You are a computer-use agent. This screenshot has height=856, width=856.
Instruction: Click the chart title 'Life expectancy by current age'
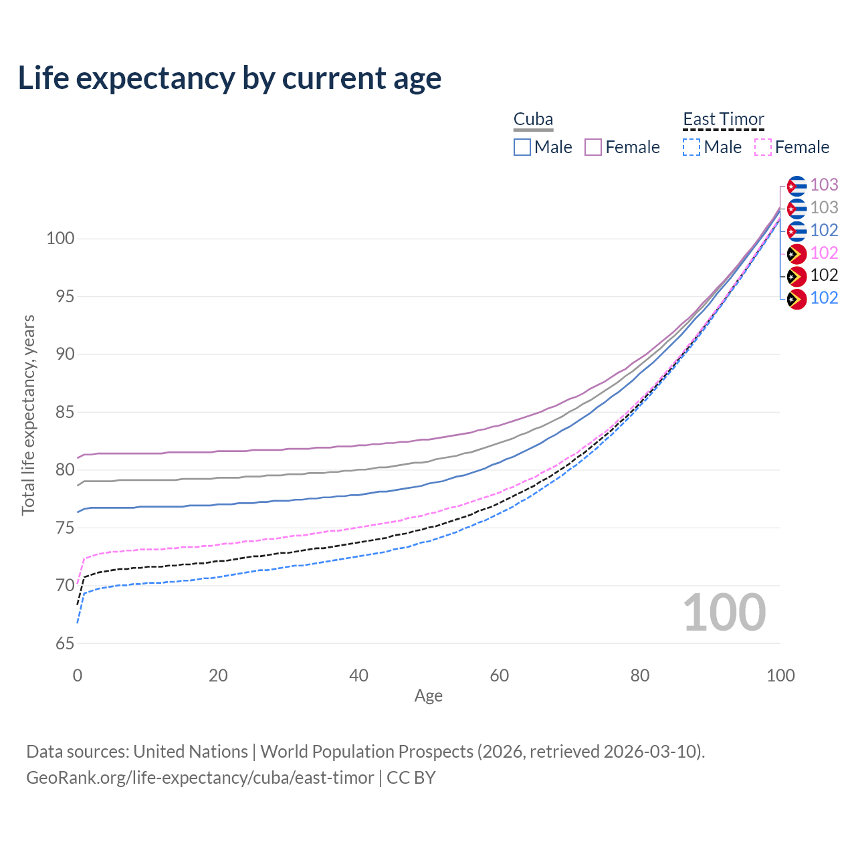(229, 78)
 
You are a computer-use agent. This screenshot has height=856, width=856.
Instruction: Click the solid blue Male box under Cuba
(522, 147)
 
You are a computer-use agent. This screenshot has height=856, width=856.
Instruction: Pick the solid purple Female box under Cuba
(593, 147)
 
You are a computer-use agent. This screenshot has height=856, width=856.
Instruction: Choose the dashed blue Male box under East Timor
(691, 147)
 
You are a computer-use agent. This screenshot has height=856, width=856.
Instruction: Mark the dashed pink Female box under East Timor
(763, 147)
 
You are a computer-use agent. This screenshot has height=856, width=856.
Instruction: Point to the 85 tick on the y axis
(65, 412)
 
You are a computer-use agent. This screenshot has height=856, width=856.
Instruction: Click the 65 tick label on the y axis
(65, 643)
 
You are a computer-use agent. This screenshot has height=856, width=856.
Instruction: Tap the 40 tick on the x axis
(358, 675)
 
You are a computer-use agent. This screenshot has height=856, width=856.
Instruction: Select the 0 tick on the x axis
(78, 675)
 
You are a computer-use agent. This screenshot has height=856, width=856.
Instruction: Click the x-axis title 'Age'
(428, 696)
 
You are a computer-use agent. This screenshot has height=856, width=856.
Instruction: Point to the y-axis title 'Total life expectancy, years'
(28, 415)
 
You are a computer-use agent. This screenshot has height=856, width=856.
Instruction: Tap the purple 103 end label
(824, 185)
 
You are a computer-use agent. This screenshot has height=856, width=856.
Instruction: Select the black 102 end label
(824, 276)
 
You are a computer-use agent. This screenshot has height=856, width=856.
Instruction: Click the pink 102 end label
(824, 253)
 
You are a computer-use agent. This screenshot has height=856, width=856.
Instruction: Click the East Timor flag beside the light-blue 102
(797, 299)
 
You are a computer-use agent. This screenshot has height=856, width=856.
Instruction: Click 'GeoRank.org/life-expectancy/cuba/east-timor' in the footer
(201, 778)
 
